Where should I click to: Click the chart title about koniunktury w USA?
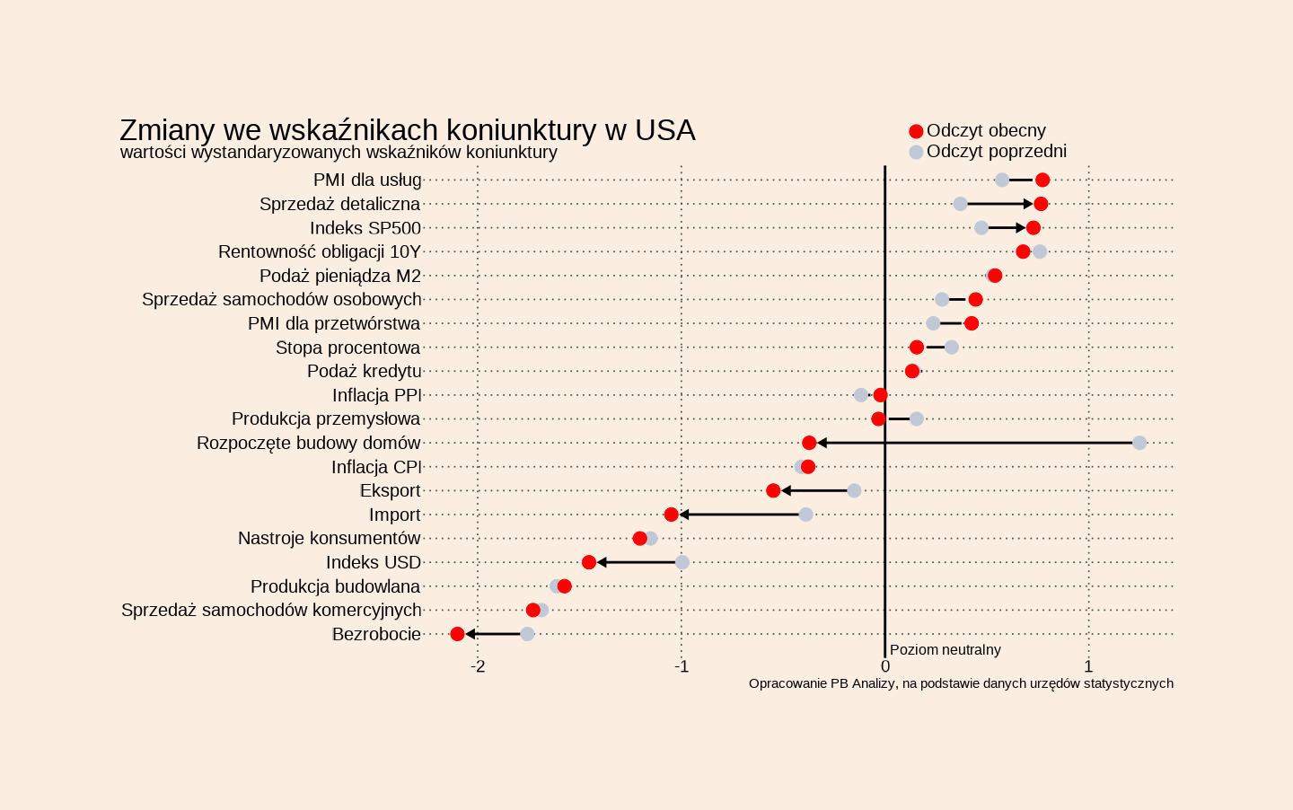[407, 130]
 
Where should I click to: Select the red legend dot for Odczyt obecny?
[916, 131]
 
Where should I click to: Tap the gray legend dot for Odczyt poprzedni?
[916, 152]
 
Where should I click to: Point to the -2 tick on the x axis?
[478, 666]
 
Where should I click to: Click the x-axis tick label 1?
[1088, 666]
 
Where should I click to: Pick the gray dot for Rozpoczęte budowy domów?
[1139, 443]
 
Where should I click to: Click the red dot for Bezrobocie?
[457, 634]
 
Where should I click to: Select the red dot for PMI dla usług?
[1042, 180]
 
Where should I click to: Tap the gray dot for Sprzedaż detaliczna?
[960, 204]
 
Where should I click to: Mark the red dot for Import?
[672, 515]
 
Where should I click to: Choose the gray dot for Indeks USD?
[682, 562]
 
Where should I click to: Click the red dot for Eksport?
[773, 490]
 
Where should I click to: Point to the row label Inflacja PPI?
[376, 395]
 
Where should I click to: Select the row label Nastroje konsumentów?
[329, 538]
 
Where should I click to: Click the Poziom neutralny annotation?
[945, 649]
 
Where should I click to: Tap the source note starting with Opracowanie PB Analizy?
[961, 683]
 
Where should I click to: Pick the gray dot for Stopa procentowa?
[952, 348]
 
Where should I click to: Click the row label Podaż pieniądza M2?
[339, 276]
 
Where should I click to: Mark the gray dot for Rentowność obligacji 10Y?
[1040, 251]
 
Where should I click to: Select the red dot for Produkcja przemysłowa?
[878, 418]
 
